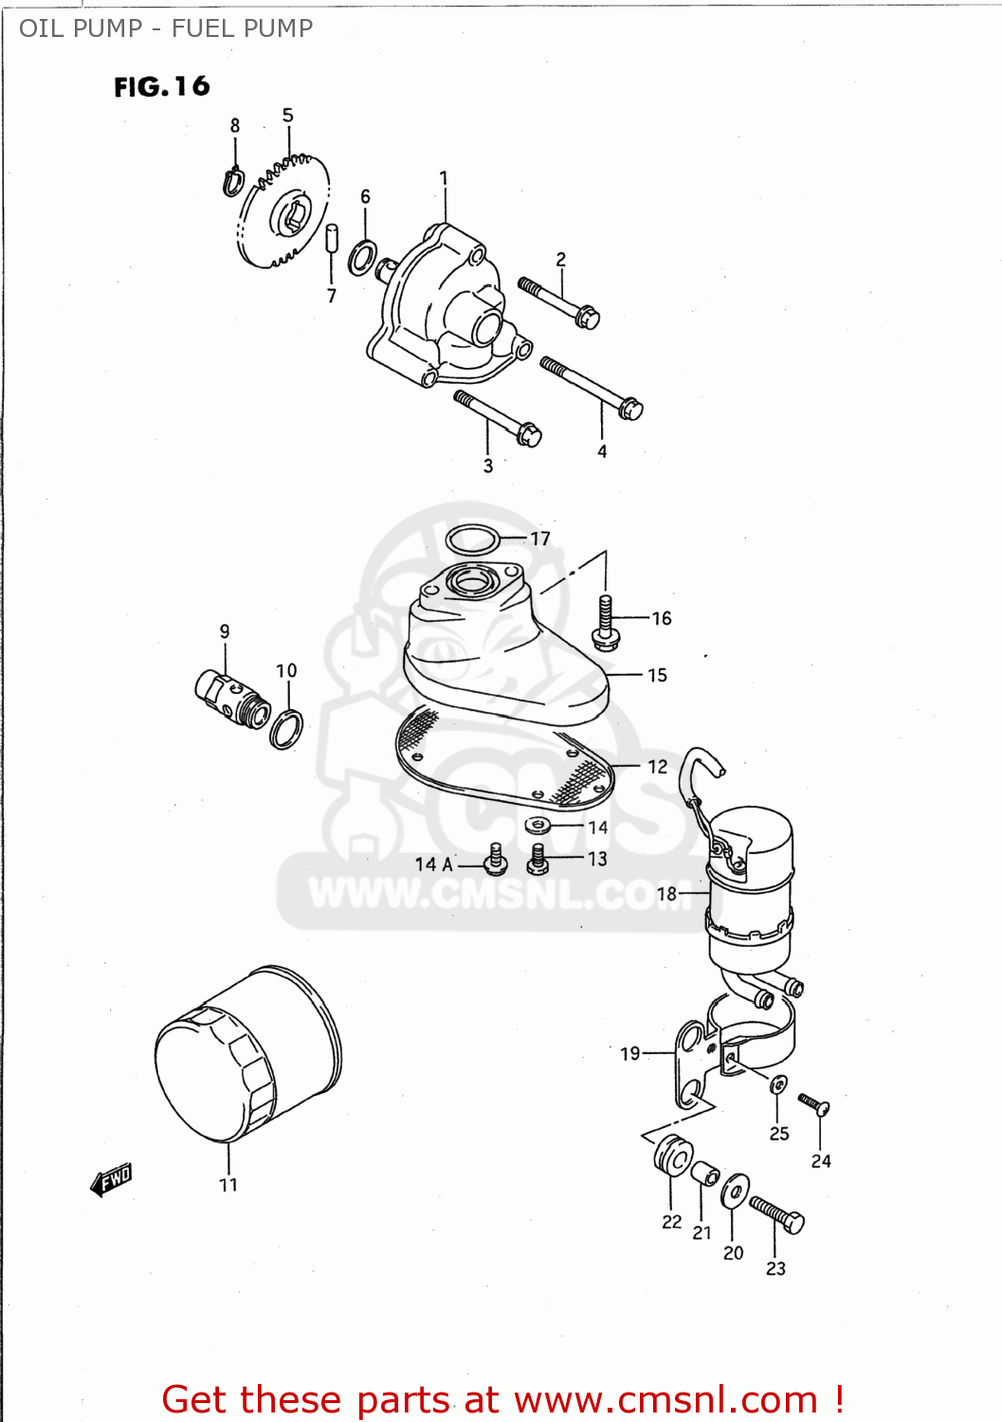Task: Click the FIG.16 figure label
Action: click(x=161, y=87)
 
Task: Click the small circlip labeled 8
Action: click(x=233, y=181)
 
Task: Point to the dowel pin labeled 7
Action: click(x=332, y=238)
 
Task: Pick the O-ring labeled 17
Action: click(x=472, y=539)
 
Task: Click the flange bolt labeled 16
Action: click(x=606, y=622)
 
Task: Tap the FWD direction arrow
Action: click(x=111, y=1180)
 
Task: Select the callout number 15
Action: click(x=657, y=675)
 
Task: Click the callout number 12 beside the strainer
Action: click(x=657, y=766)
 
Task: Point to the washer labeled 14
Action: click(x=537, y=825)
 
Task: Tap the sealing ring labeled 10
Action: click(x=286, y=728)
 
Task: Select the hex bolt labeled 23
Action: click(x=777, y=1213)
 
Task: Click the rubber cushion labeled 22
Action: click(x=672, y=1156)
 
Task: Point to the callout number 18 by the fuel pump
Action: click(x=666, y=894)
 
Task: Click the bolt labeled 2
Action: click(x=559, y=301)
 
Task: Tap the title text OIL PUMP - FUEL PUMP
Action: click(x=166, y=28)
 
